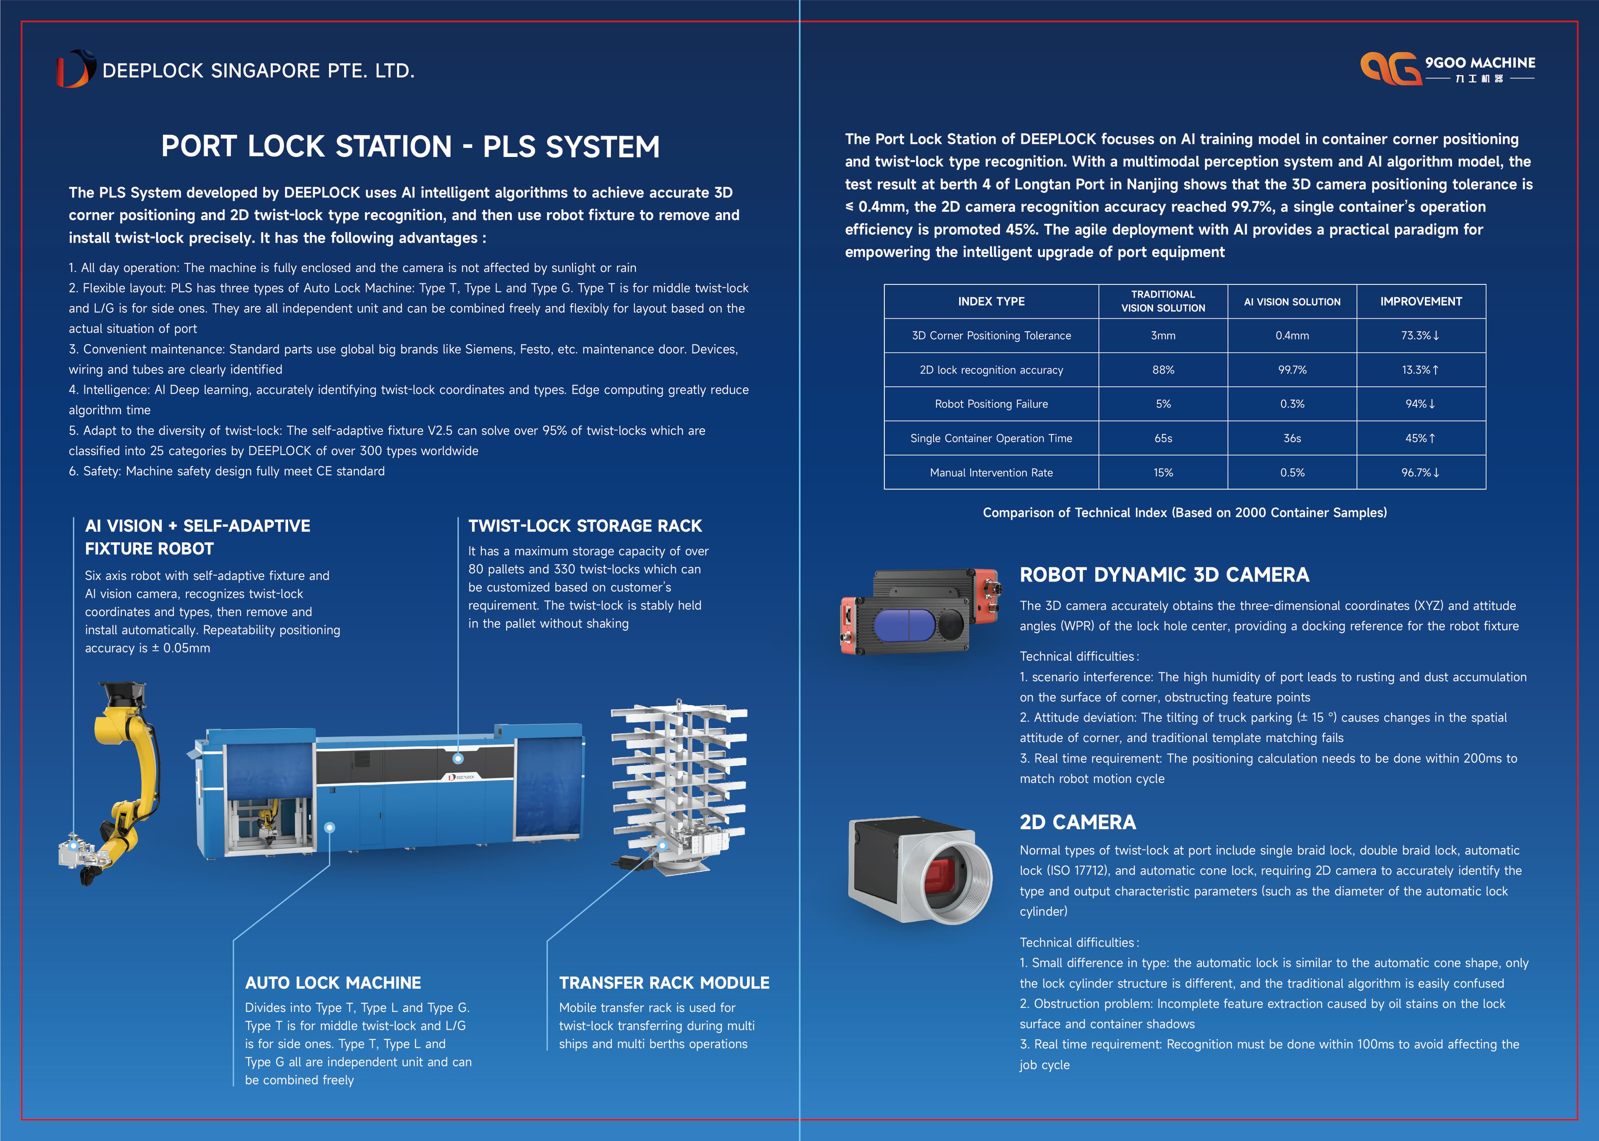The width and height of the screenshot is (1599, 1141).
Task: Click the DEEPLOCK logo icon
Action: (x=76, y=69)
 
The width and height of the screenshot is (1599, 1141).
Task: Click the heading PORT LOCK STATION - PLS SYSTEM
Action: (x=411, y=147)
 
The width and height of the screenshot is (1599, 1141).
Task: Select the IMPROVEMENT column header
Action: (x=1420, y=301)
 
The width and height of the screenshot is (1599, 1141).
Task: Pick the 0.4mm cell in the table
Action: (x=1292, y=336)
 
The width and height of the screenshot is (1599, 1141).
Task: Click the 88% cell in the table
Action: (x=1163, y=370)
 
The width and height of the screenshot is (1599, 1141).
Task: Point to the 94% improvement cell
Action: (x=1420, y=404)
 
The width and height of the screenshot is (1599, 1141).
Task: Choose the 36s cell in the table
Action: (x=1292, y=438)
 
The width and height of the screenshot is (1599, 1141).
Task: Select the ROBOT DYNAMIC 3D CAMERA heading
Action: (x=1164, y=575)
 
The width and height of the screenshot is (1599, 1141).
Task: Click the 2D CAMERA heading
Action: (x=1078, y=822)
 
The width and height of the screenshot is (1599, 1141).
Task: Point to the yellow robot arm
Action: (x=130, y=766)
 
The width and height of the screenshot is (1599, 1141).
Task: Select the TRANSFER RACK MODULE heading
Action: (x=663, y=983)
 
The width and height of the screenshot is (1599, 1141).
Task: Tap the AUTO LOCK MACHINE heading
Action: (x=332, y=983)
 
